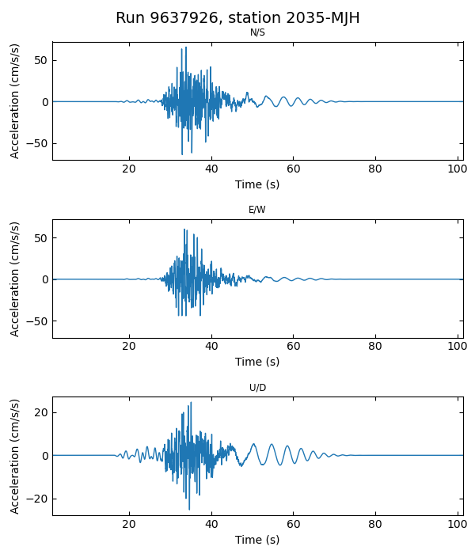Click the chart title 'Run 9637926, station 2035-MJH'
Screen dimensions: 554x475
point(237,18)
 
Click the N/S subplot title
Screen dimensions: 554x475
point(257,32)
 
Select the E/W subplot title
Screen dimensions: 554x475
point(257,210)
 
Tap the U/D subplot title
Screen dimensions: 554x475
point(257,388)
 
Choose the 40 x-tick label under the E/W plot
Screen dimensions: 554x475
point(211,346)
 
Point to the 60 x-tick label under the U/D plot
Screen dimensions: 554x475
point(293,524)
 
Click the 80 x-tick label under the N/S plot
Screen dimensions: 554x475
point(375,169)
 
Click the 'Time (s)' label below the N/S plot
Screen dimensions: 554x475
point(257,184)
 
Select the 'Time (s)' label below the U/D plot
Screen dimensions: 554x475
point(257,540)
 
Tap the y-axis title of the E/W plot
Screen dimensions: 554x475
point(15,279)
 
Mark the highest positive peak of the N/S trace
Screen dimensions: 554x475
point(185,47)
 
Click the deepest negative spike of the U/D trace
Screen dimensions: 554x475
point(188,509)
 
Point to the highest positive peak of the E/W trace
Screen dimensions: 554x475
point(184,230)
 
